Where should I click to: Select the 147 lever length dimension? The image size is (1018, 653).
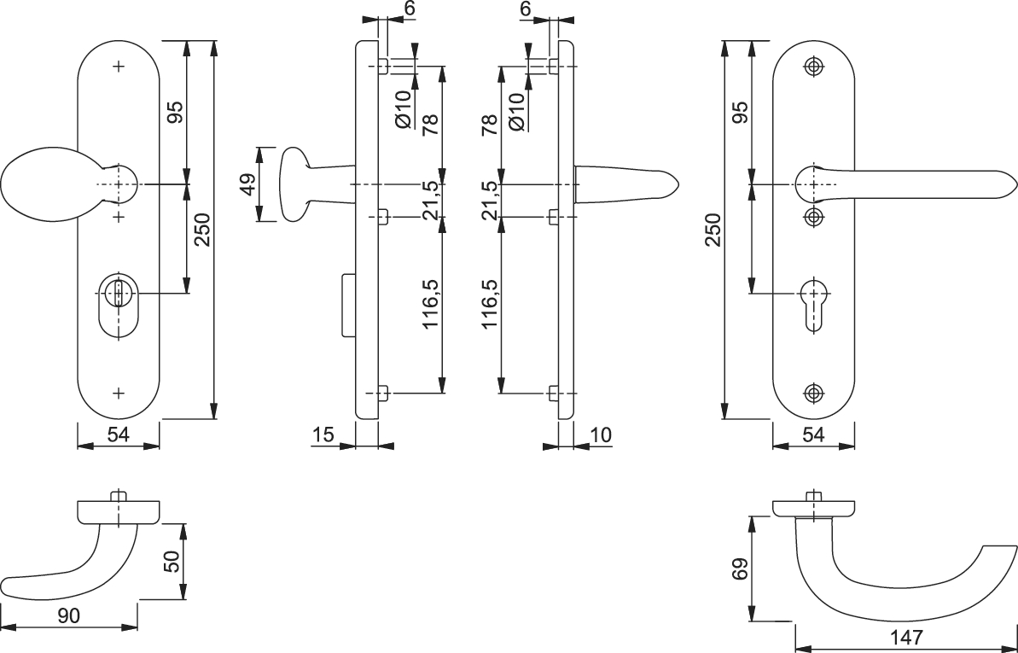905,638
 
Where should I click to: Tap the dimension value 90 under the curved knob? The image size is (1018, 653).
68,615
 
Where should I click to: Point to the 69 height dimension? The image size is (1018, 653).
741,568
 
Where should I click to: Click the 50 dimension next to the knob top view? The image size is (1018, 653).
172,561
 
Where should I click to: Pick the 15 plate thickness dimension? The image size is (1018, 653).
323,434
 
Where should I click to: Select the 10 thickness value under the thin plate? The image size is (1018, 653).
602,434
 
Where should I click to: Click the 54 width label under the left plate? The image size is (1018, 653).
118,434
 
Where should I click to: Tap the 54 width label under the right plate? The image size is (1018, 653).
813,434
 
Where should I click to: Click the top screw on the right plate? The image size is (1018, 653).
813,67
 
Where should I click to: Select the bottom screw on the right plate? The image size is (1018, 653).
813,394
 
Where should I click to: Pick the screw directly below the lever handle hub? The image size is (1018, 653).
813,216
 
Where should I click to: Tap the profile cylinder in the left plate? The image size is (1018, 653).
118,306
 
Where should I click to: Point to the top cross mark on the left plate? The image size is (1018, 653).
118,67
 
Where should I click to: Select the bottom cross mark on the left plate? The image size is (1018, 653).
118,394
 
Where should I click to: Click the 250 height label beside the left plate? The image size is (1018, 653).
202,230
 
